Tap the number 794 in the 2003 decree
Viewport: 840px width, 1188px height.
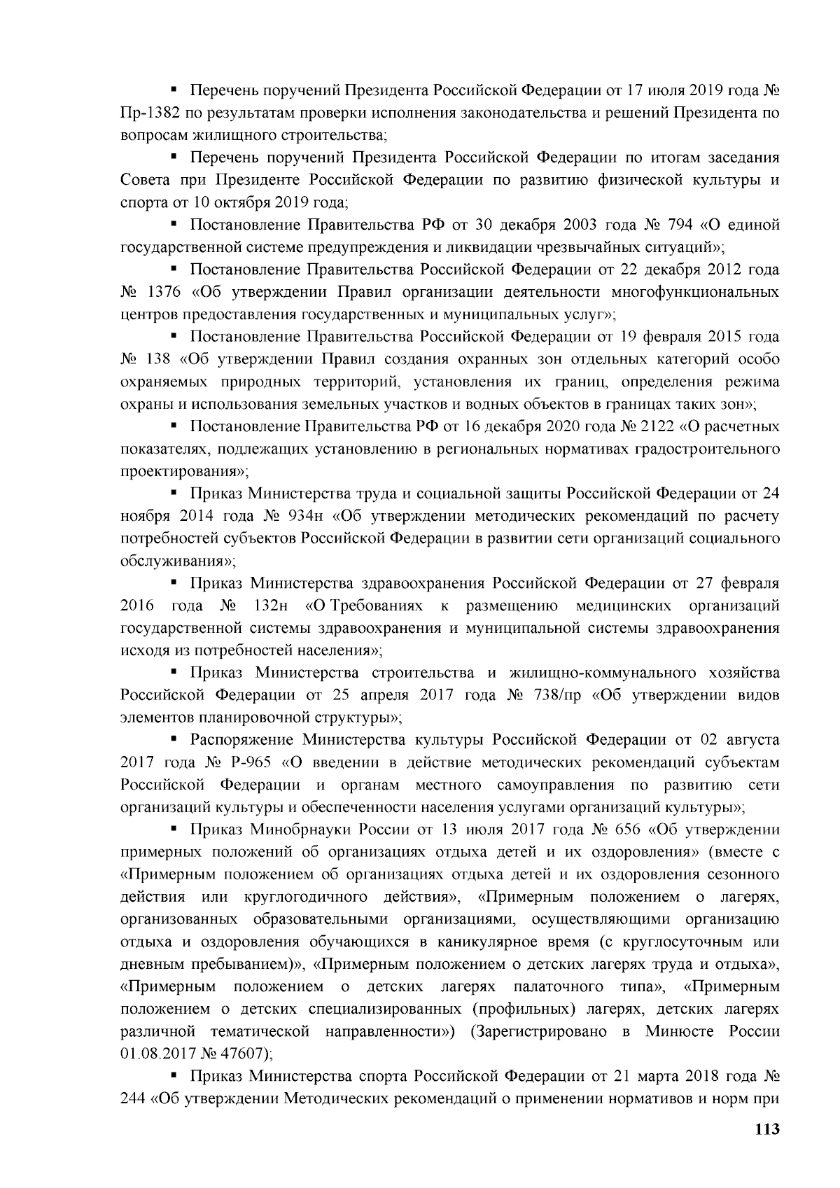click(x=678, y=225)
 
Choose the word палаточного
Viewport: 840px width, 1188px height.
click(x=559, y=986)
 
